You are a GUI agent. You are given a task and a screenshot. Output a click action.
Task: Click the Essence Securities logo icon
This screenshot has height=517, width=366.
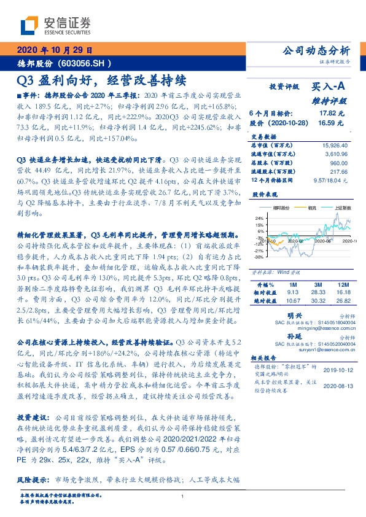click(x=28, y=25)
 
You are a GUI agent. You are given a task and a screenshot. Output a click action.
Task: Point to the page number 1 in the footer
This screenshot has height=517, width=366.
click(x=183, y=497)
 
